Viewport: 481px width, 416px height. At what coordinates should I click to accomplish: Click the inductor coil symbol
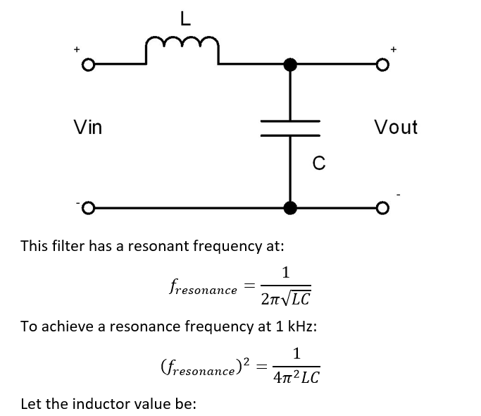(183, 51)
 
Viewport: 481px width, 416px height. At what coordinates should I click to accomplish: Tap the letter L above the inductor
(185, 19)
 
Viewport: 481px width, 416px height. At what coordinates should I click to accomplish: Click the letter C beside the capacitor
(319, 164)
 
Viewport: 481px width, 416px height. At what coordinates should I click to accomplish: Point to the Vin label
(88, 128)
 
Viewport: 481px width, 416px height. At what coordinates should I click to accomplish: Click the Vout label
(396, 128)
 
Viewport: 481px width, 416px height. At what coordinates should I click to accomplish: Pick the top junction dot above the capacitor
(290, 65)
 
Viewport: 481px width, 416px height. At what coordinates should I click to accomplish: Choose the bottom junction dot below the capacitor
(290, 208)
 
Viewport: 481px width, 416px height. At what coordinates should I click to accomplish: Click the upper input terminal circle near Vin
(87, 66)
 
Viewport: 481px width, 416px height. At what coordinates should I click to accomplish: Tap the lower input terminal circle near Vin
(87, 209)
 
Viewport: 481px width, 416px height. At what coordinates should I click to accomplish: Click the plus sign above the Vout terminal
(394, 49)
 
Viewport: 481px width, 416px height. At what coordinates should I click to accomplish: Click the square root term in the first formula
(295, 298)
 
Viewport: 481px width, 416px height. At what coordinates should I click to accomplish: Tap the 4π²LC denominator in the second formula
(296, 377)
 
